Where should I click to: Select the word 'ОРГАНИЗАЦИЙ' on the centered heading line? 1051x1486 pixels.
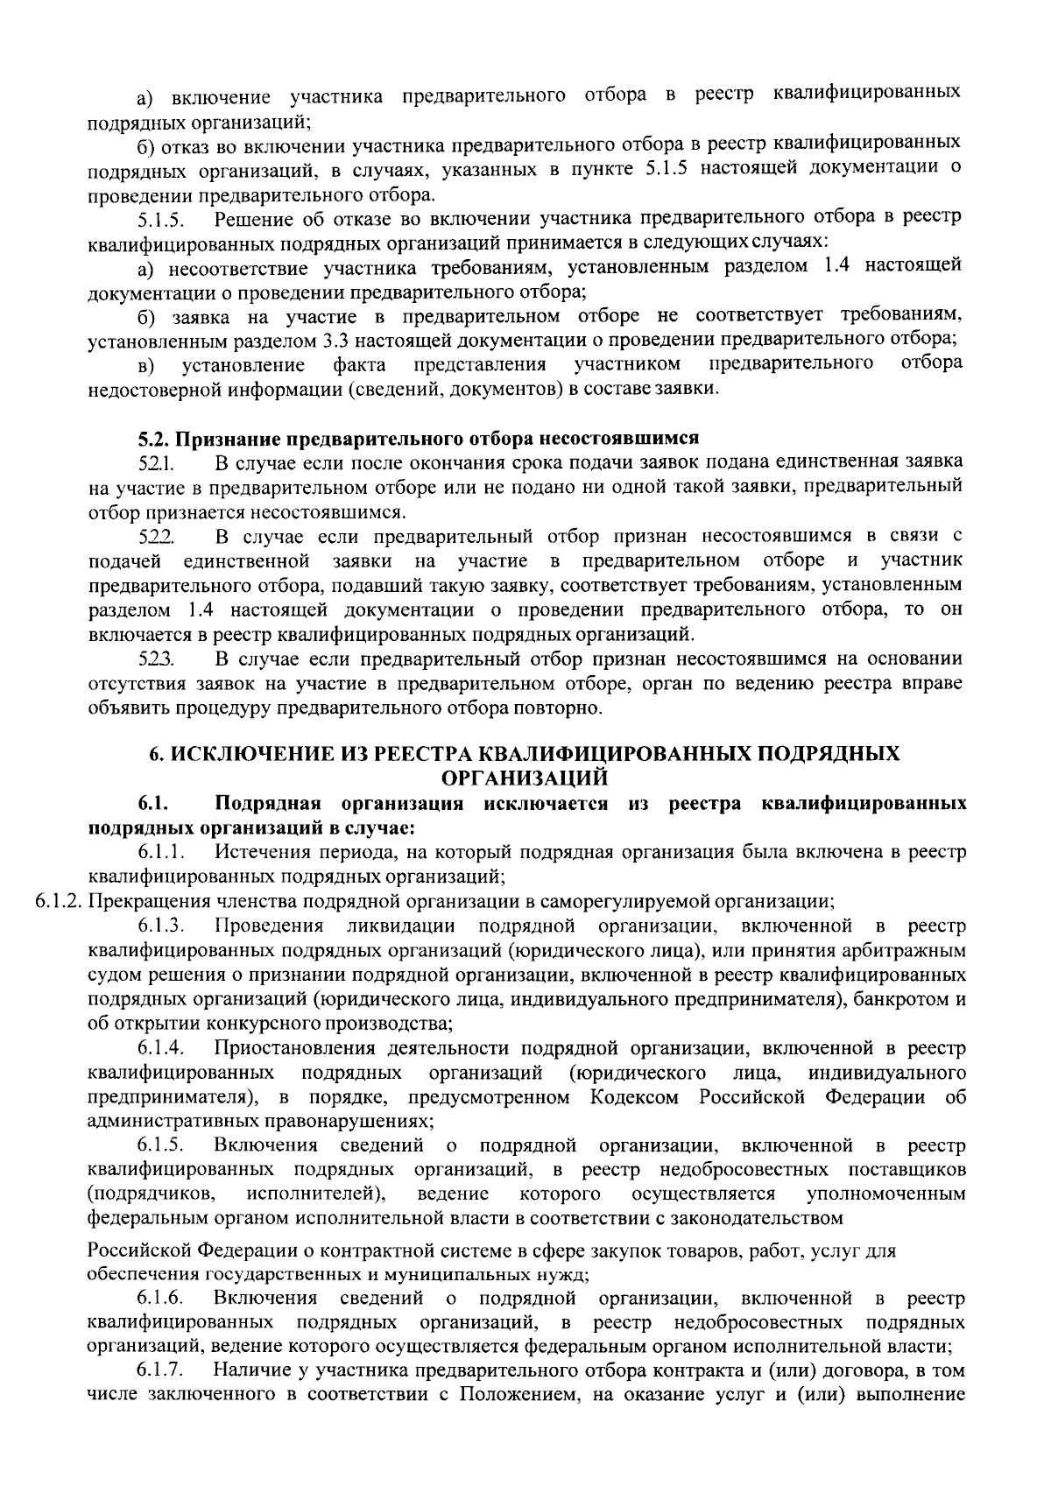tap(525, 777)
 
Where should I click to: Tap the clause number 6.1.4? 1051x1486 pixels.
tap(159, 1048)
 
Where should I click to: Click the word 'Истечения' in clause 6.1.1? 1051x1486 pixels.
tap(255, 850)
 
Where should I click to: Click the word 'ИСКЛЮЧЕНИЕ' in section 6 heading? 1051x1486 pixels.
tap(236, 753)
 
